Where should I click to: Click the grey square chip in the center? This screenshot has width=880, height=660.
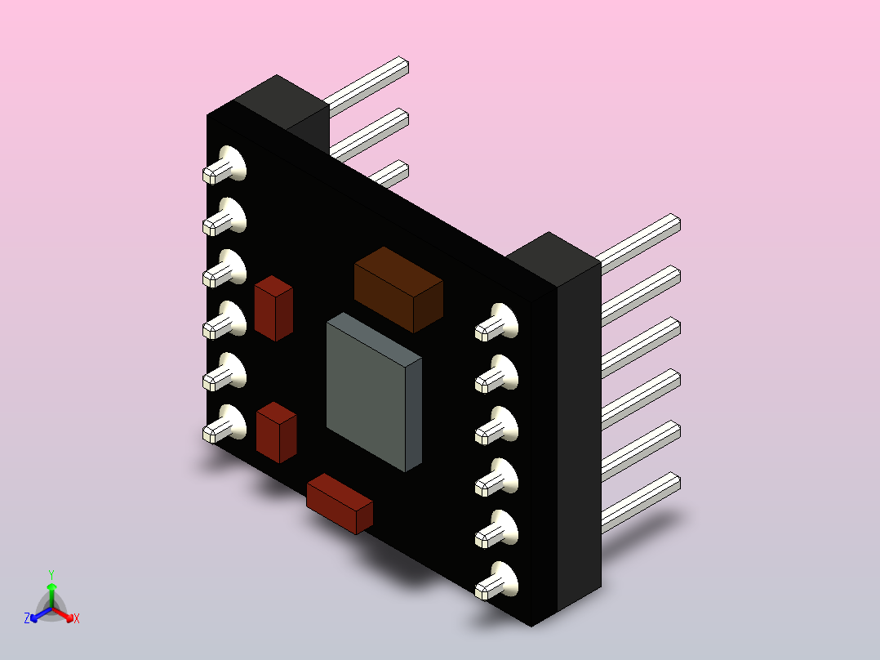[x=374, y=392]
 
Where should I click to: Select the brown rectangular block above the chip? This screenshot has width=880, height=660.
[x=398, y=289]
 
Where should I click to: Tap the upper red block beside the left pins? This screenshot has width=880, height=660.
[x=274, y=309]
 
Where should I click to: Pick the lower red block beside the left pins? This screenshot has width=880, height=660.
[x=276, y=432]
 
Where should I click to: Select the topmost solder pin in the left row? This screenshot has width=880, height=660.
[x=224, y=165]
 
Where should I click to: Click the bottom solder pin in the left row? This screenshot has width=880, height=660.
[x=224, y=424]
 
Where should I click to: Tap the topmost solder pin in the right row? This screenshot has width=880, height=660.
[x=496, y=323]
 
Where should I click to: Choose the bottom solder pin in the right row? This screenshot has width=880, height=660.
[x=496, y=581]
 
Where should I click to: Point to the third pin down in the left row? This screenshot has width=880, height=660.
[x=224, y=269]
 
